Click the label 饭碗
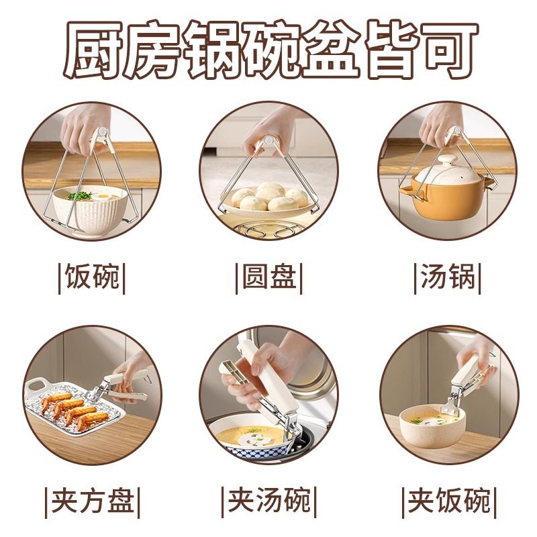tap(92, 277)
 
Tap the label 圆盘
tap(268, 277)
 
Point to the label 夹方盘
tap(92, 501)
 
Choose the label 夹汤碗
tap(268, 501)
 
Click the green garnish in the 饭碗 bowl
tap(81, 195)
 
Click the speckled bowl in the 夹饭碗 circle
tap(430, 430)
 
